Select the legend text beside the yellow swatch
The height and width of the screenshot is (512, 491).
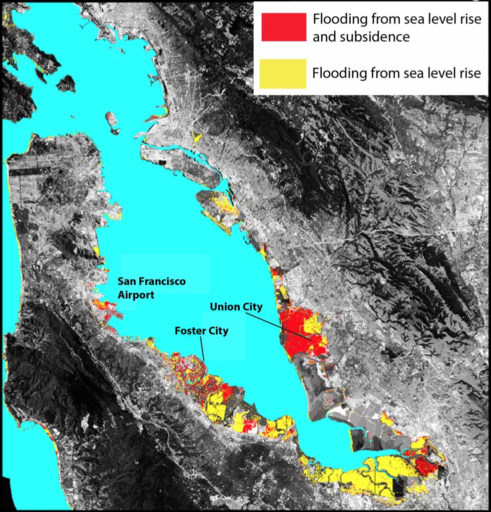396,73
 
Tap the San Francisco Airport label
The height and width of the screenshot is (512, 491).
151,288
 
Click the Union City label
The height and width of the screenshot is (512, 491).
236,306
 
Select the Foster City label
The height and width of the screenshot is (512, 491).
201,331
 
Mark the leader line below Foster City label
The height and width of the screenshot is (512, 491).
202,348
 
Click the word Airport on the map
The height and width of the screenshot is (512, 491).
136,295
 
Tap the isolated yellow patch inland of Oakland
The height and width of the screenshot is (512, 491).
197,136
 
